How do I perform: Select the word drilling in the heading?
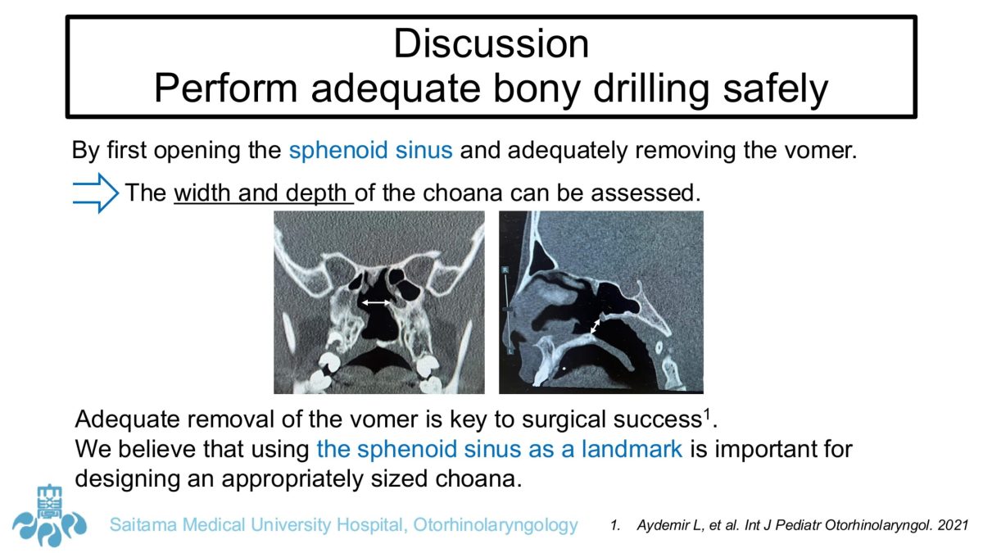651,88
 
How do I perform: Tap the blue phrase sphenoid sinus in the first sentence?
370,150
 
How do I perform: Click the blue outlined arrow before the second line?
95,193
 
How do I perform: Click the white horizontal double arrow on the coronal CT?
376,302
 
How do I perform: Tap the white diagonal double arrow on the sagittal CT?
595,326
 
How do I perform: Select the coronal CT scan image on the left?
379,302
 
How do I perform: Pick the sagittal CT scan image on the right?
601,302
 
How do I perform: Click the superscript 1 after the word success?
707,414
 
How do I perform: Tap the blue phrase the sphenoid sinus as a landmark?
500,449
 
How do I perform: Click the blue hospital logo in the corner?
49,516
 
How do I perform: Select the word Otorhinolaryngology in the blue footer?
496,525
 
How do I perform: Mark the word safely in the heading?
776,88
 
